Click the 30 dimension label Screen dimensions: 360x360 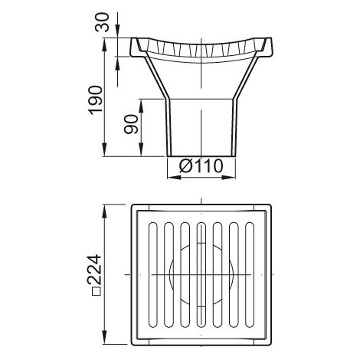[x=102, y=22]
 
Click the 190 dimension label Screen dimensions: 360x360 [x=95, y=100]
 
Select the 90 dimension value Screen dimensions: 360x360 [x=131, y=124]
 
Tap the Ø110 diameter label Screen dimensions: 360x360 [x=201, y=166]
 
